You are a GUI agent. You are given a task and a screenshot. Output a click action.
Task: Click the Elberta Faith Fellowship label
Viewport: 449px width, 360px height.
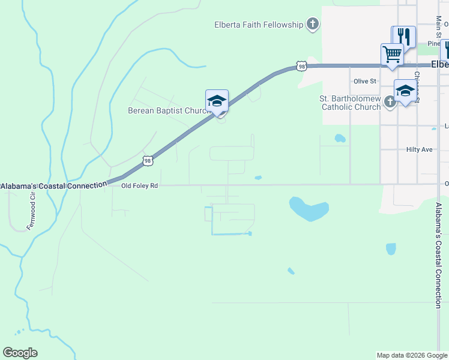point(259,25)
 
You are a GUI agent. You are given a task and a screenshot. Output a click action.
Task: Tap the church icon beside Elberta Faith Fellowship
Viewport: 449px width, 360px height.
point(312,25)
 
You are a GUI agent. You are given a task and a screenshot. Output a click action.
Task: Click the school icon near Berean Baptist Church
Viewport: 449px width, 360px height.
point(217,101)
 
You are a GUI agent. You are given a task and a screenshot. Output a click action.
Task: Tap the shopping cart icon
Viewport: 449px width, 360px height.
point(391,54)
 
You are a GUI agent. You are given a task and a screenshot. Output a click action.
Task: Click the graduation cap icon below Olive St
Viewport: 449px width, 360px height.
point(405,91)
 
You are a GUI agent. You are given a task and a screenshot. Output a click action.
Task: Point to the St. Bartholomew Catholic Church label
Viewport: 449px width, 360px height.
point(351,103)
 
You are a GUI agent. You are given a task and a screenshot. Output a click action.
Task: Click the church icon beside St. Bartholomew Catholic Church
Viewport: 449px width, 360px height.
point(390,102)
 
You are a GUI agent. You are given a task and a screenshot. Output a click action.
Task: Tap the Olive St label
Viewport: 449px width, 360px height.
point(364,81)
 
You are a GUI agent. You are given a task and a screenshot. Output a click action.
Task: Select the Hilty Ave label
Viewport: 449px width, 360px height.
point(419,149)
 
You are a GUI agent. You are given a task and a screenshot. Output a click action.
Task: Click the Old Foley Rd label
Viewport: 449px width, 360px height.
point(139,186)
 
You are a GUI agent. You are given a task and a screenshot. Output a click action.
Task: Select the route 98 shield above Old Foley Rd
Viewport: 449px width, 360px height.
point(148,160)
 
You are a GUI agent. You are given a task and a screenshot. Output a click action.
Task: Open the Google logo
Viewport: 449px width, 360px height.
point(20,353)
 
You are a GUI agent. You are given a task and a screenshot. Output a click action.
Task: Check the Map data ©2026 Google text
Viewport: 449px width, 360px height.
point(411,355)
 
